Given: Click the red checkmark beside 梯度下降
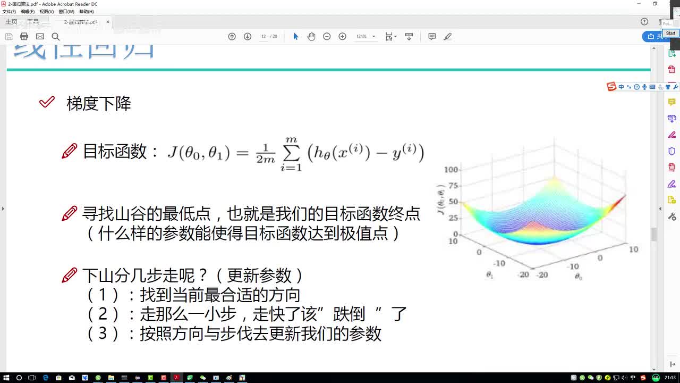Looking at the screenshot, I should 47,102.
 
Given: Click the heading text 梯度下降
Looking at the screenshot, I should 99,104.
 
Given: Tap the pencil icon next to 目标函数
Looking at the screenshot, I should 69,152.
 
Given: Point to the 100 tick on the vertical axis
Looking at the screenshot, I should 451,170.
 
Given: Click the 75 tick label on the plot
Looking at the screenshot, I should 453,186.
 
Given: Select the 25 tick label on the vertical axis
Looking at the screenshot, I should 453,218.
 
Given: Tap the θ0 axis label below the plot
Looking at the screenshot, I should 578,276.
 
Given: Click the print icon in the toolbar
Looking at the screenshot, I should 24,36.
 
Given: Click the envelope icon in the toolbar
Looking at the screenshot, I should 40,36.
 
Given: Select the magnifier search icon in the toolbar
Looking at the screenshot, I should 55,36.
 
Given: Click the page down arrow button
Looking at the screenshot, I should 248,36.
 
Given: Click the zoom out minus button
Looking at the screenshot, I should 327,36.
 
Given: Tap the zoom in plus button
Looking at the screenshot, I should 342,36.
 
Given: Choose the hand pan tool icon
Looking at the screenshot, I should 311,36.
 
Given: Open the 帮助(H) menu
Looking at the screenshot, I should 86,11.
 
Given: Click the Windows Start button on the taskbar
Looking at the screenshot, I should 6,378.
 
